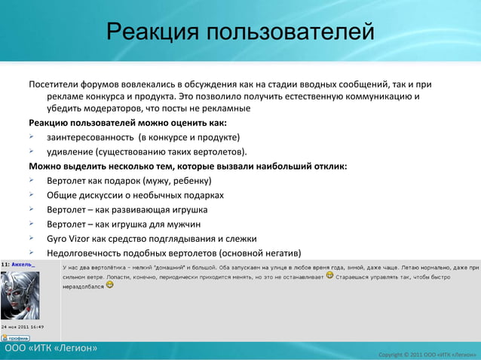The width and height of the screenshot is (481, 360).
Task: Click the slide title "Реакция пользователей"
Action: (240, 32)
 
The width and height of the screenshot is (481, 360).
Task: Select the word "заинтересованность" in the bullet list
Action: (90, 137)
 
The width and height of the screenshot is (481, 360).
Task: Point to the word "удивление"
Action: (70, 152)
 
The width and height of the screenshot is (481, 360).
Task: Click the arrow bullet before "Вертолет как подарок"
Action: (33, 181)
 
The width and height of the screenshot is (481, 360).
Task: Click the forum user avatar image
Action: (20, 294)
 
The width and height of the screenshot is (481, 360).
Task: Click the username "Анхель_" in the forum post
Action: (23, 265)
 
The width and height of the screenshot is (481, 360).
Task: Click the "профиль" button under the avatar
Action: (15, 338)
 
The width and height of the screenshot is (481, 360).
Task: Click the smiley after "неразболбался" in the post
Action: (109, 286)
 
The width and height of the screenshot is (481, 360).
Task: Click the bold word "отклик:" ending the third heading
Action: (329, 166)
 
